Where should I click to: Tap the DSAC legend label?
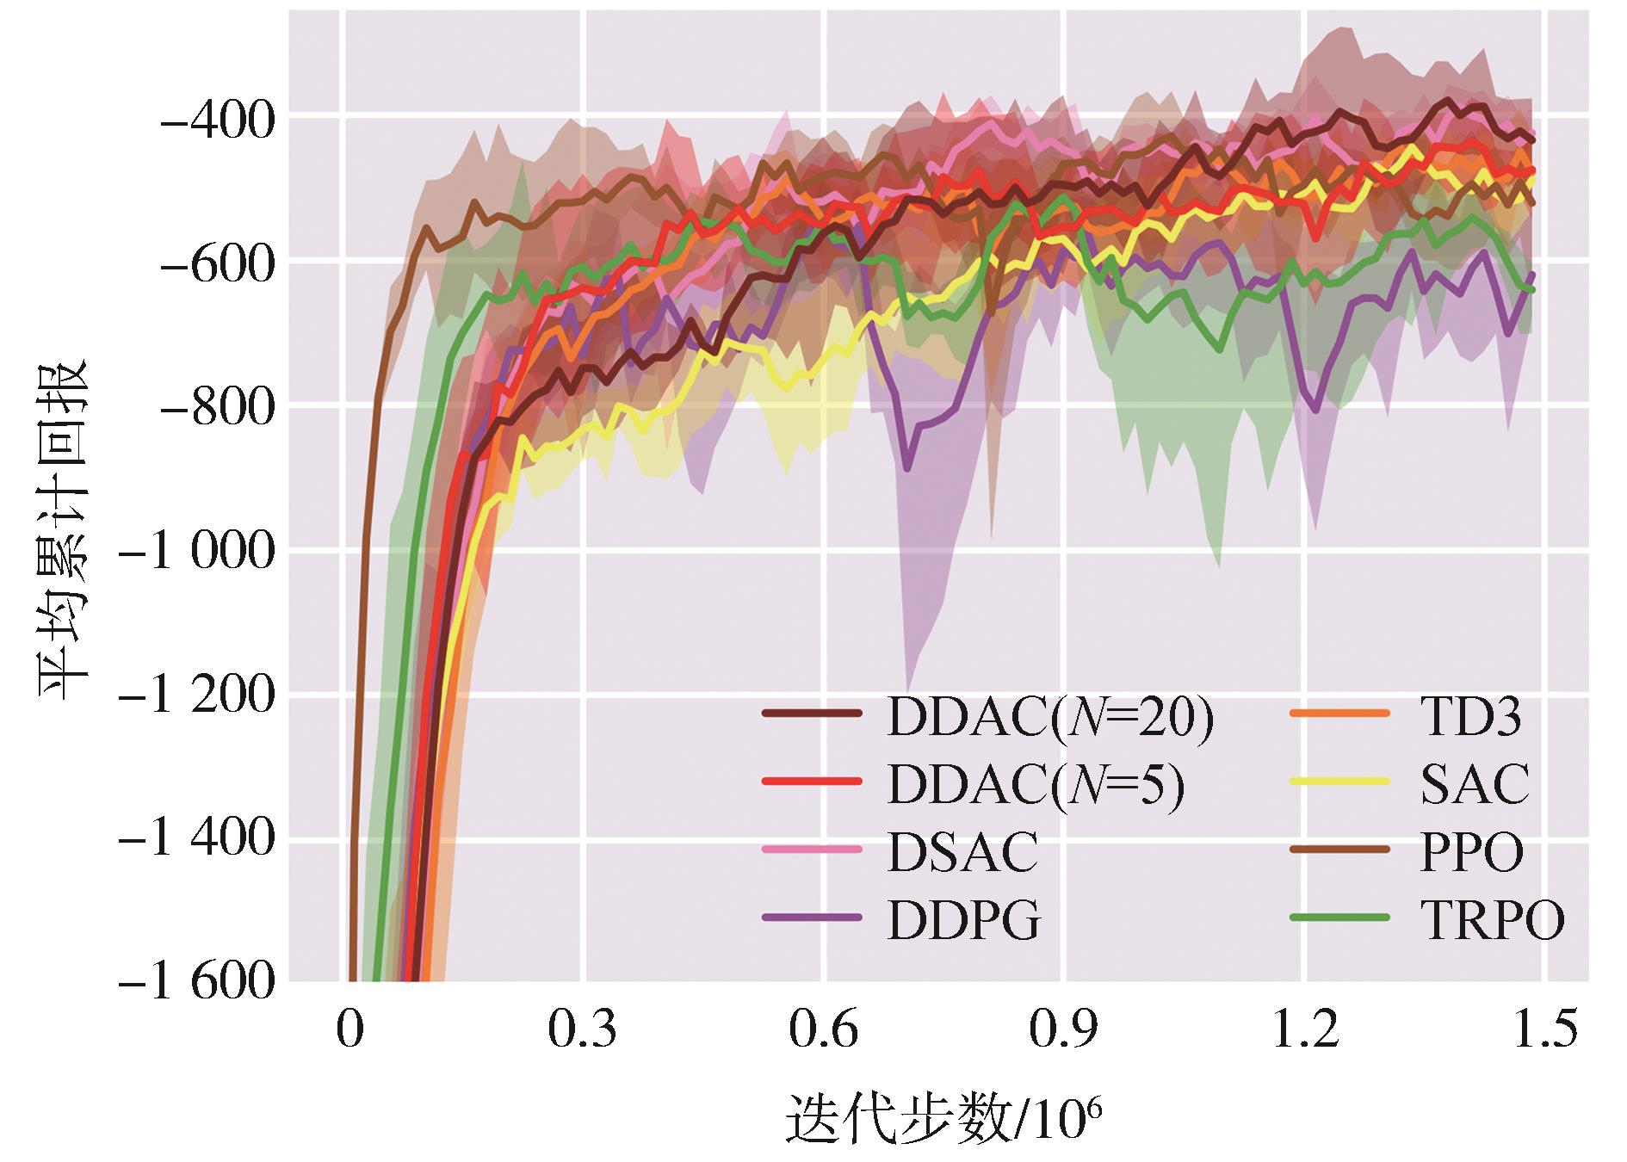[x=962, y=853]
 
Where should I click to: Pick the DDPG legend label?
[x=964, y=921]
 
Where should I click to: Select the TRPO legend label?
[x=1492, y=921]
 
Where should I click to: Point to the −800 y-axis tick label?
[x=217, y=406]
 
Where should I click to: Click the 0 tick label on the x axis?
[x=349, y=1030]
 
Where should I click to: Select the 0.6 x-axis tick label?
[x=824, y=1030]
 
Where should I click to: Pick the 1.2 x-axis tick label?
[x=1305, y=1030]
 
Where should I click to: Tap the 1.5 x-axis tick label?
[x=1544, y=1030]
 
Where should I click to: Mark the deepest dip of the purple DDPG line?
[x=907, y=469]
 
